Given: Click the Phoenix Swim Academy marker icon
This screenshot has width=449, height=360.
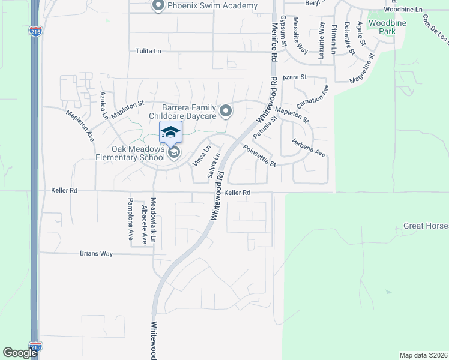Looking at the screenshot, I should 158,6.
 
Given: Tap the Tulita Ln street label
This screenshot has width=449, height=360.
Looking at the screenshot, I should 148,52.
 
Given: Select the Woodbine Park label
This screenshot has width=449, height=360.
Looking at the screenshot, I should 382,26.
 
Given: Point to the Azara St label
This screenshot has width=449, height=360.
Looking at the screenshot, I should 295,77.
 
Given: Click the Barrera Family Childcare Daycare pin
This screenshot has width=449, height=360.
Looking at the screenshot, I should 226,110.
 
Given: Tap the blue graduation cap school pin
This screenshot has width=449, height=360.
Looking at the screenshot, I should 170,132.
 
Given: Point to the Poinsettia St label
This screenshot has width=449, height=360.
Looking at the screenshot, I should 259,155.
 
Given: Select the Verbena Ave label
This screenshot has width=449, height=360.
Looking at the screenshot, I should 309,147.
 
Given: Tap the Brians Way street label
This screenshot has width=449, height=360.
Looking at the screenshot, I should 97,254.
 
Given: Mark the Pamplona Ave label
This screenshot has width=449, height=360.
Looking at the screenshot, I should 130,219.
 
